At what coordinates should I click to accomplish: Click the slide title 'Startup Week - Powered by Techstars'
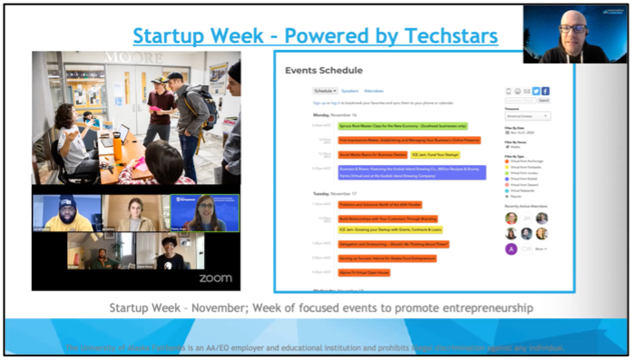315,36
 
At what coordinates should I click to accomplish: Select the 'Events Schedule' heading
324,70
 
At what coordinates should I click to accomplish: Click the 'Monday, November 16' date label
309,115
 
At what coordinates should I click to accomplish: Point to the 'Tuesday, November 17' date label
310,193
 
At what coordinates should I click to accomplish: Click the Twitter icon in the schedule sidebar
535,92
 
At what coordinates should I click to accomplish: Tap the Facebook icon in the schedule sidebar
545,92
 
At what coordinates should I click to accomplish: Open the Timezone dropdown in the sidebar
527,116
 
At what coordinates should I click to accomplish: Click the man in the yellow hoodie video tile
66,213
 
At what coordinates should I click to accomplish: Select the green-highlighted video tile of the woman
206,213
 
